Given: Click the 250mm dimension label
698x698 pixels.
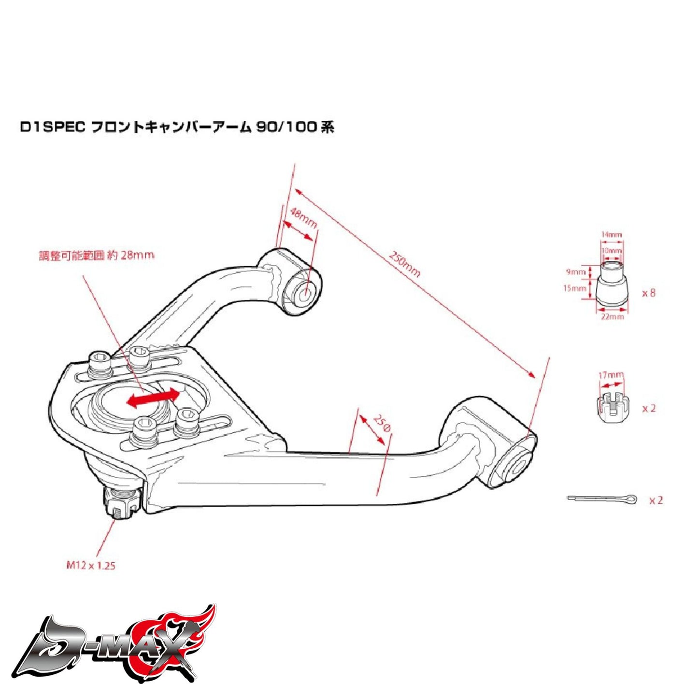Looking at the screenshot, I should pos(405,264).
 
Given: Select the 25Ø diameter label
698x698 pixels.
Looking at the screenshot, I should pos(382,423).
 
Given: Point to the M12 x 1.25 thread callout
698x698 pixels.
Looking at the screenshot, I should pos(91,565).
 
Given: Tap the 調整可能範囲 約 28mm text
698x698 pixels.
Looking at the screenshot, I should pos(97,255).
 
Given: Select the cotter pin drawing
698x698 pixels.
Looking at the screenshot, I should pos(602,499).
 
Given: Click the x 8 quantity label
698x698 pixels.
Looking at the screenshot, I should pos(649,293).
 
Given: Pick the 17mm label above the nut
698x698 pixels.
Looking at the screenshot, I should pos(611,375).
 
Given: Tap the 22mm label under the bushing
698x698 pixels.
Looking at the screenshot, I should pos(612,316).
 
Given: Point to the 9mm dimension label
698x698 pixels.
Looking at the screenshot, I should pos(575,272).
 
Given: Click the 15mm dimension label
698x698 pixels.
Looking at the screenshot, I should pos(574,288).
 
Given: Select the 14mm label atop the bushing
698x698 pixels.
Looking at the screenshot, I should pos(611,234).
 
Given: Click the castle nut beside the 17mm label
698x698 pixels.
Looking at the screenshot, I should pos(611,405).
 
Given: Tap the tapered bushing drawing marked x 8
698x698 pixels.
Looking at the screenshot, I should pos(612,285).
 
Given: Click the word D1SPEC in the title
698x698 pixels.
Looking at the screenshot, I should pos(53,128).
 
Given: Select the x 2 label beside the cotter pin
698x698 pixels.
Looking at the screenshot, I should pos(655,500).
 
